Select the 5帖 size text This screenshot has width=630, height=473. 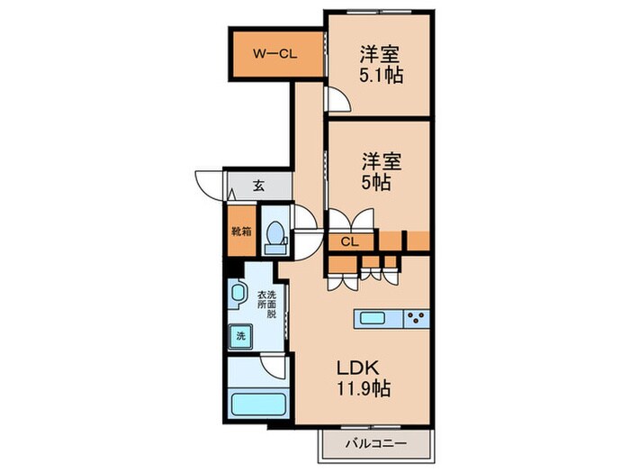coord(375,182)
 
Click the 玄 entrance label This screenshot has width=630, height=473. coord(258,186)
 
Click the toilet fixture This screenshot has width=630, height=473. coord(275,233)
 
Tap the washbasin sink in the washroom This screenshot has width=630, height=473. coord(238,294)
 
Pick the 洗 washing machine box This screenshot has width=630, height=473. coord(240,335)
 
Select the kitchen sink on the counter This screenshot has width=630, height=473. coord(373,317)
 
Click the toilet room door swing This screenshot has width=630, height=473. coord(304,221)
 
